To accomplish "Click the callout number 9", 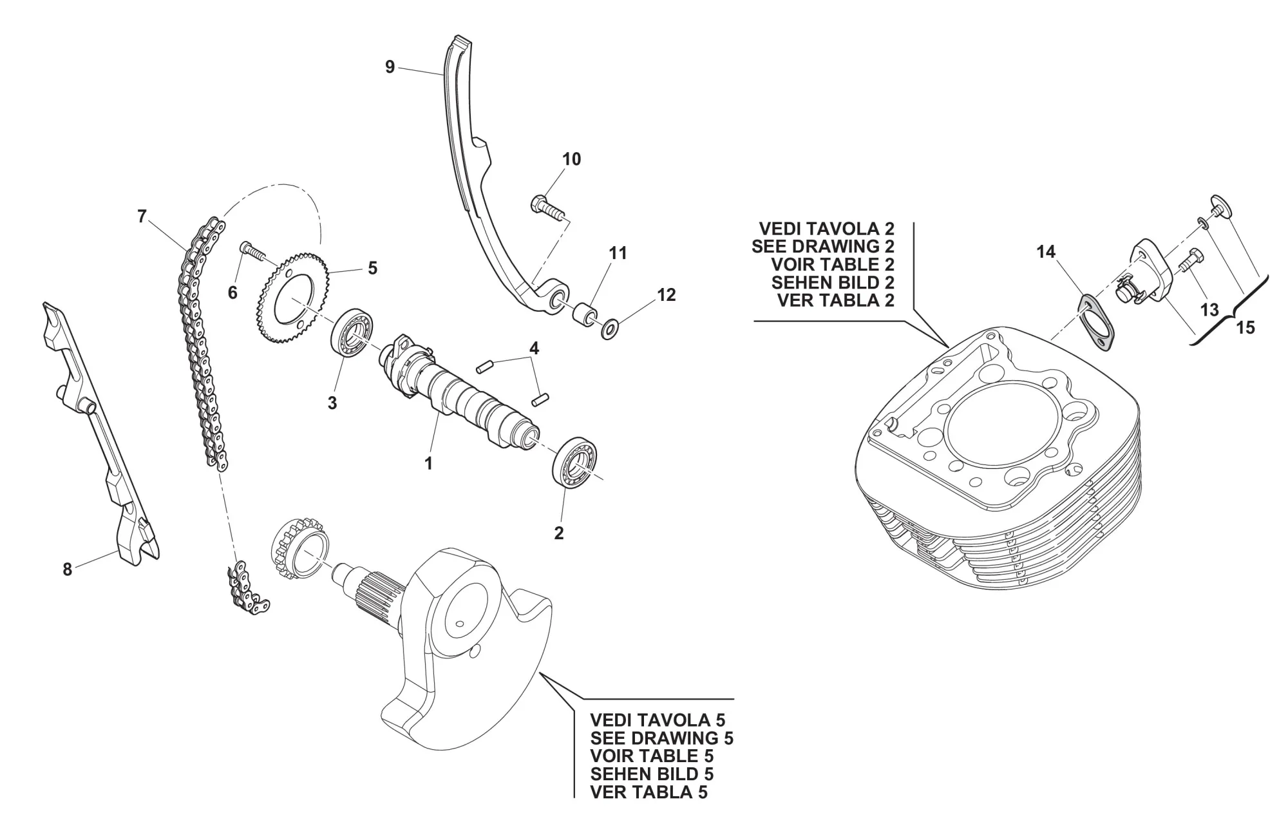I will pos(390,66).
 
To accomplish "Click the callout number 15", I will pos(1245,328).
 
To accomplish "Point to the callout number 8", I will pos(67,569).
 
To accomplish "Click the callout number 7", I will pos(142,216).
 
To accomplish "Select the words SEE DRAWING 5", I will pos(661,738).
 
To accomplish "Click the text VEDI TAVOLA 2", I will pos(826,229).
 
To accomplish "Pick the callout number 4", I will pos(534,349).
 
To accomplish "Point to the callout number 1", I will pos(428,463).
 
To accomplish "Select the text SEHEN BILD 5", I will pos(652,774).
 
